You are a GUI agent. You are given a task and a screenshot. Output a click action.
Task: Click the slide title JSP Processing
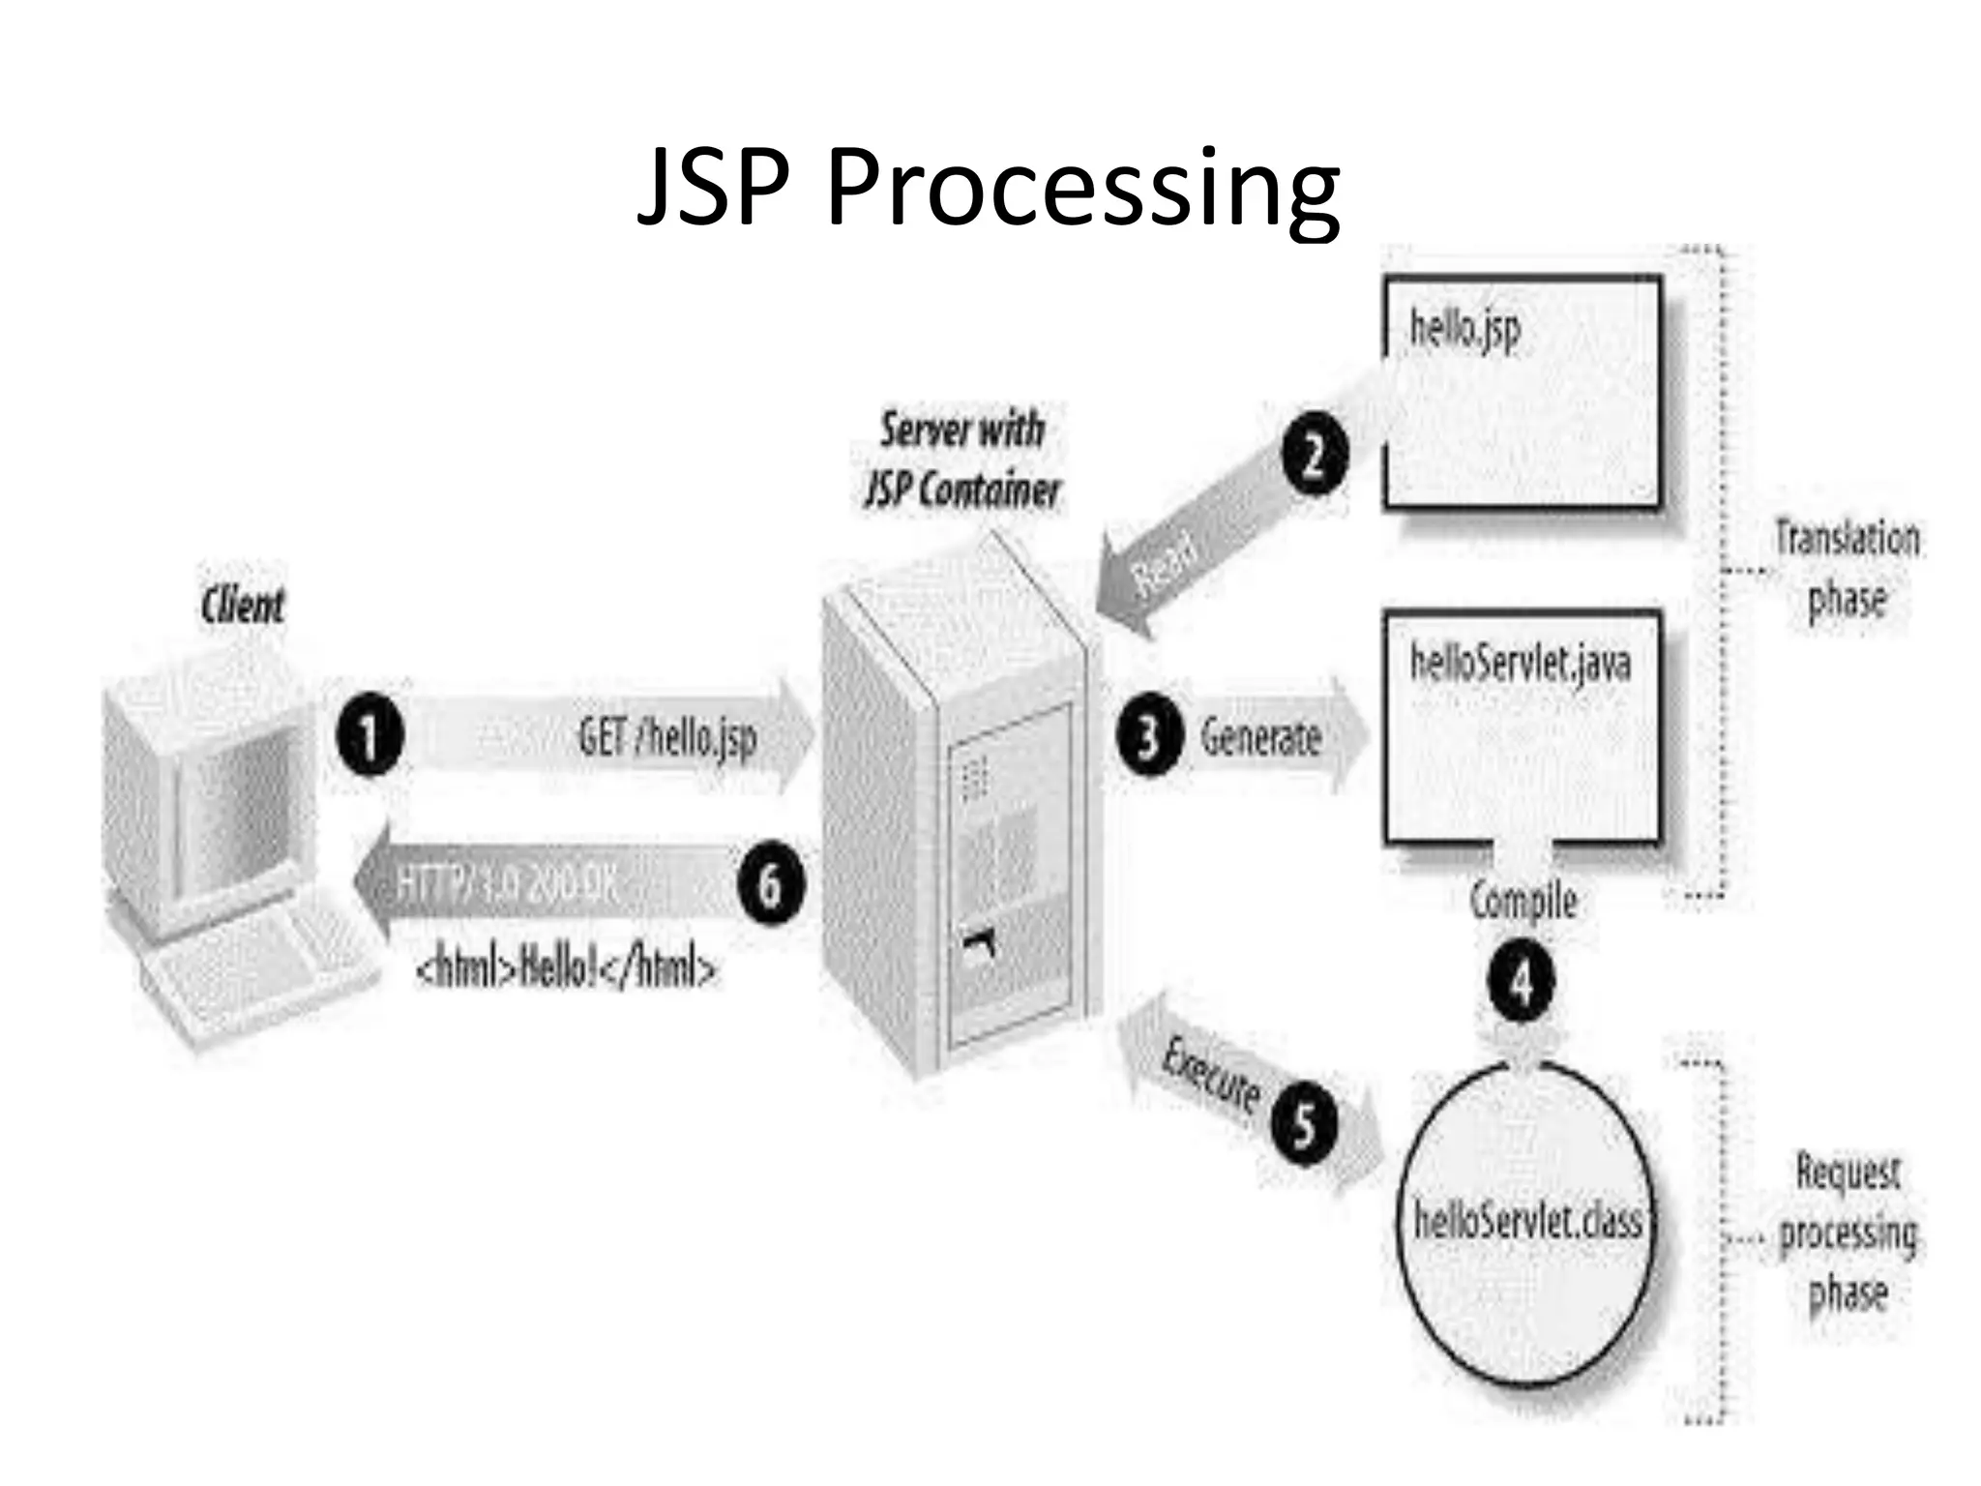click(989, 188)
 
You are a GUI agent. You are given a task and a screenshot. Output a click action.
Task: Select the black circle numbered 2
click(1314, 455)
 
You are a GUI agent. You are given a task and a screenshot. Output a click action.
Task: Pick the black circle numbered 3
click(1148, 737)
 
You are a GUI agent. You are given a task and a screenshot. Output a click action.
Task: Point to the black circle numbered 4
click(1522, 983)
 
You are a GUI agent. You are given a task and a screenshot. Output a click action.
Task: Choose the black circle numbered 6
click(770, 884)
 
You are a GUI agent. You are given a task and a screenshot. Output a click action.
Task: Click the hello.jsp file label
click(1464, 329)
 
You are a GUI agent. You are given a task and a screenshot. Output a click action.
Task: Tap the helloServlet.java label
click(1521, 664)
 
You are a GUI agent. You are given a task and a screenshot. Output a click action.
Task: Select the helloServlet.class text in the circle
click(1527, 1221)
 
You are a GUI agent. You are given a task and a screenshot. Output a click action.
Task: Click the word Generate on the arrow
click(1260, 738)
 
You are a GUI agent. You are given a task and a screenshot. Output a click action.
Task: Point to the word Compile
click(1523, 901)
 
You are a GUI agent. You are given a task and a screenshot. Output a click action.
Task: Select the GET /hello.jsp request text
click(667, 737)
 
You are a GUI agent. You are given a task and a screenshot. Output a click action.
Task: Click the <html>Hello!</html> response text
click(567, 968)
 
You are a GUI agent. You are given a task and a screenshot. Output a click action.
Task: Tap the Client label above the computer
click(243, 607)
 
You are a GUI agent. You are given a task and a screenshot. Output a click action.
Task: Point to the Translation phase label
click(1847, 569)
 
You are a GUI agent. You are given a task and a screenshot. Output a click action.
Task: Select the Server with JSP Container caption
click(962, 460)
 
